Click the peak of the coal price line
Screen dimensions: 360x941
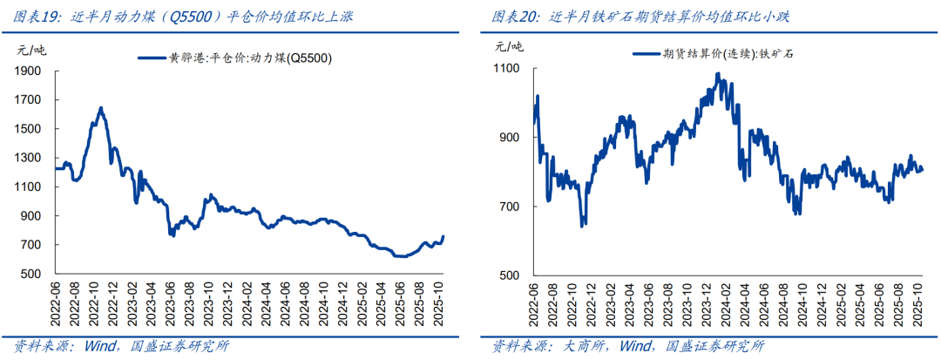click(x=101, y=108)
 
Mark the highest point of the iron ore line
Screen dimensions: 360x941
click(x=718, y=74)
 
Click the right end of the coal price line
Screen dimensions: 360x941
click(x=443, y=236)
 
